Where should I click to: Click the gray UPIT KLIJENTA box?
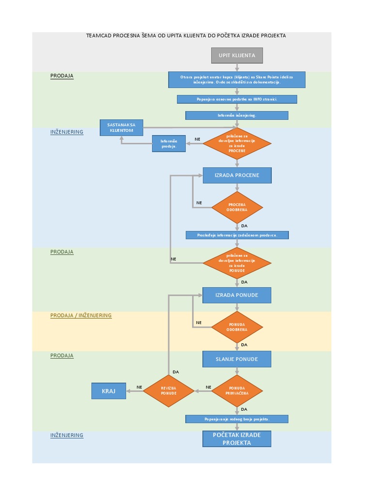click(237, 55)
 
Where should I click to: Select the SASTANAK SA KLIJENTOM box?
click(121, 127)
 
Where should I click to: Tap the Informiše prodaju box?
click(169, 143)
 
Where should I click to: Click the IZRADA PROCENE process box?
click(237, 175)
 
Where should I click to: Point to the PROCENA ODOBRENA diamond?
click(237, 207)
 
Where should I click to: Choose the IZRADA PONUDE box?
click(237, 295)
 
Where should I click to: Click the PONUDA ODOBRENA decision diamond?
click(237, 327)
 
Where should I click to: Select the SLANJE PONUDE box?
click(237, 359)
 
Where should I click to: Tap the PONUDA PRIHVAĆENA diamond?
click(237, 390)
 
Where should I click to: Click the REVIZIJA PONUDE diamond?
click(169, 390)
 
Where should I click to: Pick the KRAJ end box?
click(108, 391)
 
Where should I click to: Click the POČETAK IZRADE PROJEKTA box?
click(237, 438)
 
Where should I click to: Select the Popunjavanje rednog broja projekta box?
click(237, 419)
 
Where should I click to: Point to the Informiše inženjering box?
click(237, 115)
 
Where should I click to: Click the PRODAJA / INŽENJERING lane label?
click(81, 315)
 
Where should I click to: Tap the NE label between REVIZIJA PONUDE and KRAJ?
click(139, 387)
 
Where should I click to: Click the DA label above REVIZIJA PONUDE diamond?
click(175, 372)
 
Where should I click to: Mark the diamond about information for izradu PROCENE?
click(237, 143)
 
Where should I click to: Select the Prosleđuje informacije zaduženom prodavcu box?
click(237, 235)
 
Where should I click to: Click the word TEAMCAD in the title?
click(99, 35)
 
